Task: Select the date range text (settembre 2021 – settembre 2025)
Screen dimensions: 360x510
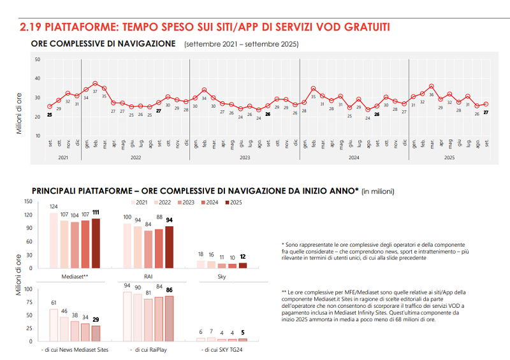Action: point(241,45)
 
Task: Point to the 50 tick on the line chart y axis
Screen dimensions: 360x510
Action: point(38,60)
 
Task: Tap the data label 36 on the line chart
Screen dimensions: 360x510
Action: point(432,95)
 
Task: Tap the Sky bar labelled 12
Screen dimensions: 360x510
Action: point(242,265)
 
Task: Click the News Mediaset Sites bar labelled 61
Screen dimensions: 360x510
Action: point(54,325)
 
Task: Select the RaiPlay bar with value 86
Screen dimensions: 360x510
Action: point(170,318)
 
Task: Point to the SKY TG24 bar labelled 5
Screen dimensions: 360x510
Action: point(242,339)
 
